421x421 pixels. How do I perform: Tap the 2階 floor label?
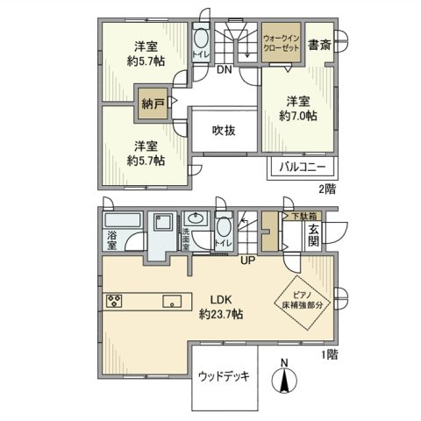(x=326, y=188)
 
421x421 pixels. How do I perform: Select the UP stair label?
(x=250, y=260)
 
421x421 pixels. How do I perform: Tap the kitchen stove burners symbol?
(x=114, y=302)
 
